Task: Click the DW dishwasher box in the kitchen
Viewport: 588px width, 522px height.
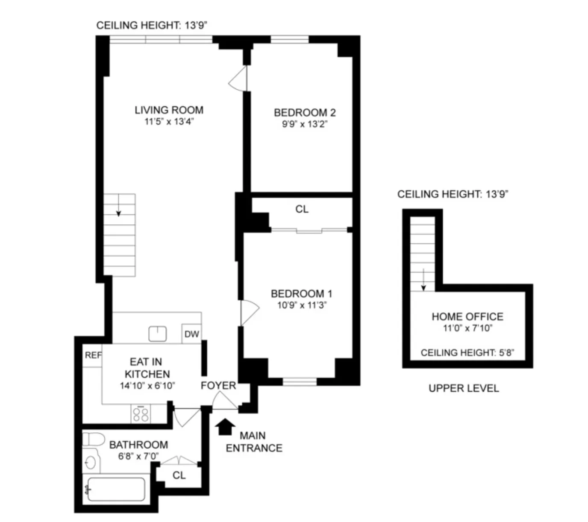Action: click(x=191, y=334)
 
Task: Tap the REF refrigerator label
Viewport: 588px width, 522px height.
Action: click(x=93, y=355)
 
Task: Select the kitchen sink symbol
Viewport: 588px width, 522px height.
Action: click(x=157, y=334)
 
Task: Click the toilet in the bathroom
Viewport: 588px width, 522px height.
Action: click(x=94, y=439)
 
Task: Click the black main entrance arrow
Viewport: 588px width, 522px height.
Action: click(x=225, y=426)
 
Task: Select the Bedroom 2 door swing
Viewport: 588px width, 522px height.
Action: click(x=238, y=79)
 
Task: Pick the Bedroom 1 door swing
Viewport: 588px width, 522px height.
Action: click(x=249, y=312)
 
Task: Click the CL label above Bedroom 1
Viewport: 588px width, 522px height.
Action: click(x=302, y=209)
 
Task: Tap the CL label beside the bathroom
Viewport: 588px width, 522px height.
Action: click(x=179, y=475)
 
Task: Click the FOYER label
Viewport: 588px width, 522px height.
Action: click(x=218, y=385)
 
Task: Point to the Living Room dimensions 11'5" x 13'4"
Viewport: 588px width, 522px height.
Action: click(x=169, y=122)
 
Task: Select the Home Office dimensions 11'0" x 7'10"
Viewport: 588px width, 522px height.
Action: click(x=467, y=328)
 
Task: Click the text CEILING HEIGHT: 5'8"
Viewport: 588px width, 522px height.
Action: click(x=467, y=352)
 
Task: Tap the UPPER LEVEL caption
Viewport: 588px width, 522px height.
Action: click(x=464, y=388)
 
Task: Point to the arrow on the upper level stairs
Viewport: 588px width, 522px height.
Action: click(x=423, y=280)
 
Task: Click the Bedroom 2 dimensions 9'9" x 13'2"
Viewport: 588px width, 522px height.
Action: click(x=304, y=124)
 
